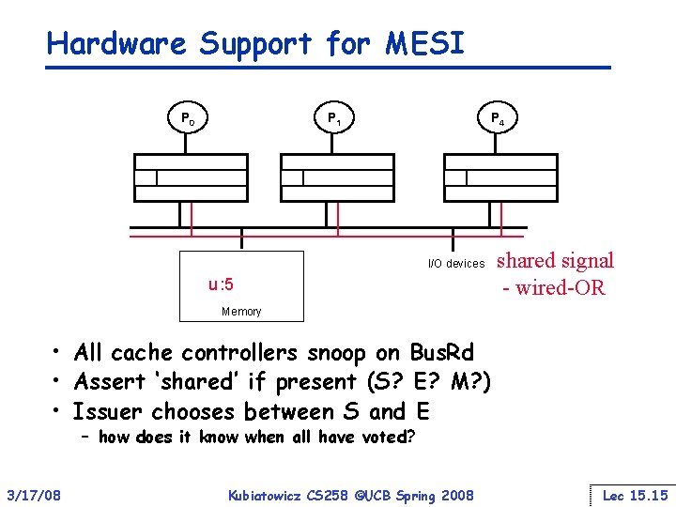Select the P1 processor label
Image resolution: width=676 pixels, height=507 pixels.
click(x=333, y=119)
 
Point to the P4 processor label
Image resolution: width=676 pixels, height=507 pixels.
click(x=498, y=119)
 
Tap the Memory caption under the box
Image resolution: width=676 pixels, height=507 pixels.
click(x=241, y=312)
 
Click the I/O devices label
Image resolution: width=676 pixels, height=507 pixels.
click(x=456, y=264)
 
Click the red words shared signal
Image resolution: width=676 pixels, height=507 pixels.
click(x=555, y=261)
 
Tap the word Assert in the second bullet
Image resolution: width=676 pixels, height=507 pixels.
click(x=108, y=382)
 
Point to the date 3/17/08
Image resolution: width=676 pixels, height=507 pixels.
click(x=34, y=495)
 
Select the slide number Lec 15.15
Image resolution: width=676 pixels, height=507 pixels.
click(x=635, y=495)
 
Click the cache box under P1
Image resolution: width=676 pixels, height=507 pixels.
click(x=337, y=177)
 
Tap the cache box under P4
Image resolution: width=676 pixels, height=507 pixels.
click(x=500, y=177)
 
